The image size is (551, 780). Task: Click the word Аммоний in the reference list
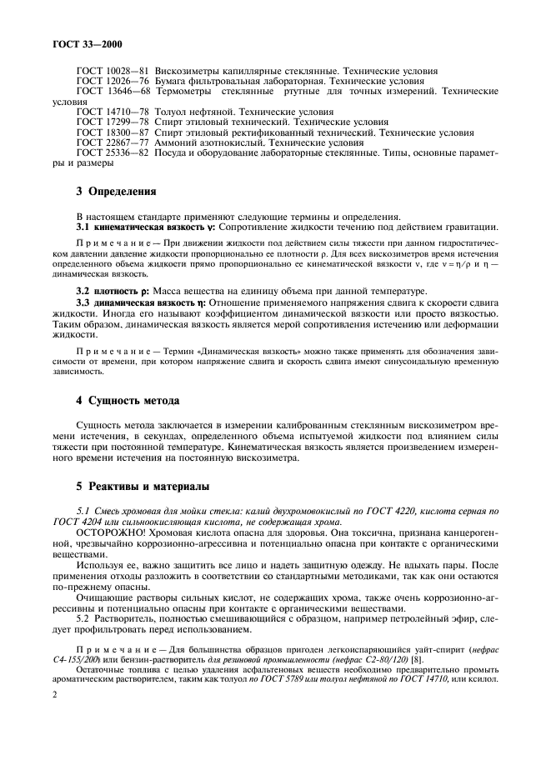tap(180, 142)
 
